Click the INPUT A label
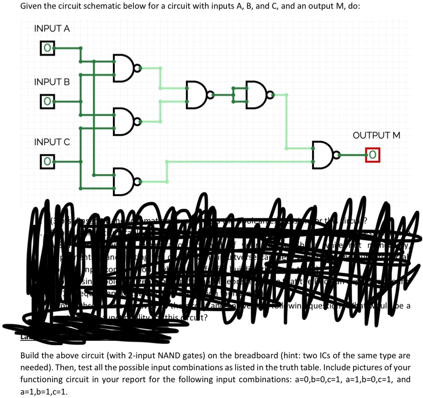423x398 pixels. [52, 29]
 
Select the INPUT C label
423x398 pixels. [52, 142]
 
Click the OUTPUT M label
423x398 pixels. [376, 135]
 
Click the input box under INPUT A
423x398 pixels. [47, 48]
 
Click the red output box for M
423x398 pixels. [373, 156]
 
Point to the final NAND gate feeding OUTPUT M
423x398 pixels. [323, 156]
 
